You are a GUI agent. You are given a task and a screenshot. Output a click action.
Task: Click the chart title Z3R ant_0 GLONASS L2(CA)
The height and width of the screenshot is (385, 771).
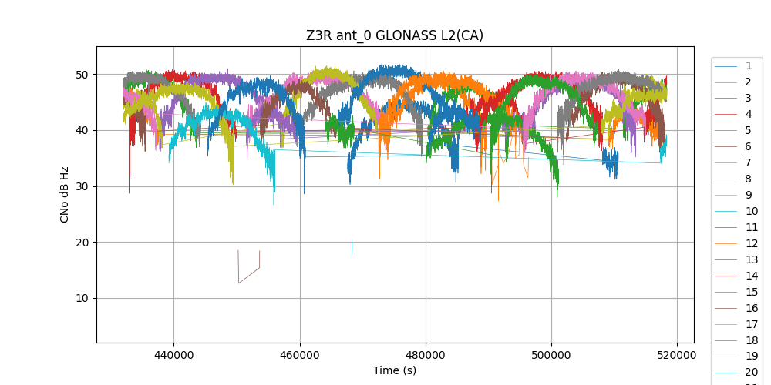[395, 35]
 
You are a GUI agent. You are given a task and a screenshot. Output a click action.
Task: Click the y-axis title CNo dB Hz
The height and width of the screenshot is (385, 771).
[65, 195]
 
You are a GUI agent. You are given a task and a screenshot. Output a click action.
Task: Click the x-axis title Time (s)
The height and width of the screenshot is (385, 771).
[395, 370]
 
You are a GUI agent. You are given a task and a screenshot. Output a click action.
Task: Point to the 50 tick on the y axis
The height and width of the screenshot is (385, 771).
[82, 75]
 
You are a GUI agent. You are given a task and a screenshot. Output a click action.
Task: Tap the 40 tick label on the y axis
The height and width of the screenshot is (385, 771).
[82, 130]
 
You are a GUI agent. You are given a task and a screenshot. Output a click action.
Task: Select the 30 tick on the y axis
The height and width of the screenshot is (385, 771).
[82, 186]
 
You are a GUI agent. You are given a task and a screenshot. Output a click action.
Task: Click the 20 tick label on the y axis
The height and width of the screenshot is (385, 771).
[82, 243]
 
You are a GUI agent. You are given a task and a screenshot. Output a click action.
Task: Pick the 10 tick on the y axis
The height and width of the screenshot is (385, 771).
[82, 298]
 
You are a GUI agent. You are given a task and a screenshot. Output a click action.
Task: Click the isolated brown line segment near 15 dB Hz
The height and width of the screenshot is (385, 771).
[248, 275]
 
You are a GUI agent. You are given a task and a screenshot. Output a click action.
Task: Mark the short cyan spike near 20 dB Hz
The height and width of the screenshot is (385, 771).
[352, 248]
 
